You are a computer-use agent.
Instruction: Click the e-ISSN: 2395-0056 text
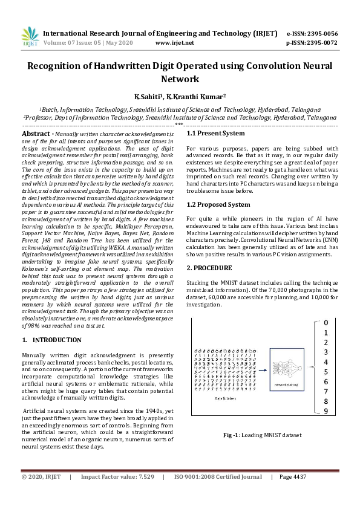(312, 33)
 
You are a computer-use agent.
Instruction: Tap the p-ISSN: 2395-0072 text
(312, 43)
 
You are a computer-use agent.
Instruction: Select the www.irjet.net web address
(174, 43)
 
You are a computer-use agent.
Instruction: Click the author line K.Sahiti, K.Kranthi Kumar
(180, 96)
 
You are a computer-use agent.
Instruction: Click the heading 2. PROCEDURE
(210, 267)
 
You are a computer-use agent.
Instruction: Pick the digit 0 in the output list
(326, 323)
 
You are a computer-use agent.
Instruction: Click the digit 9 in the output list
(326, 411)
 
